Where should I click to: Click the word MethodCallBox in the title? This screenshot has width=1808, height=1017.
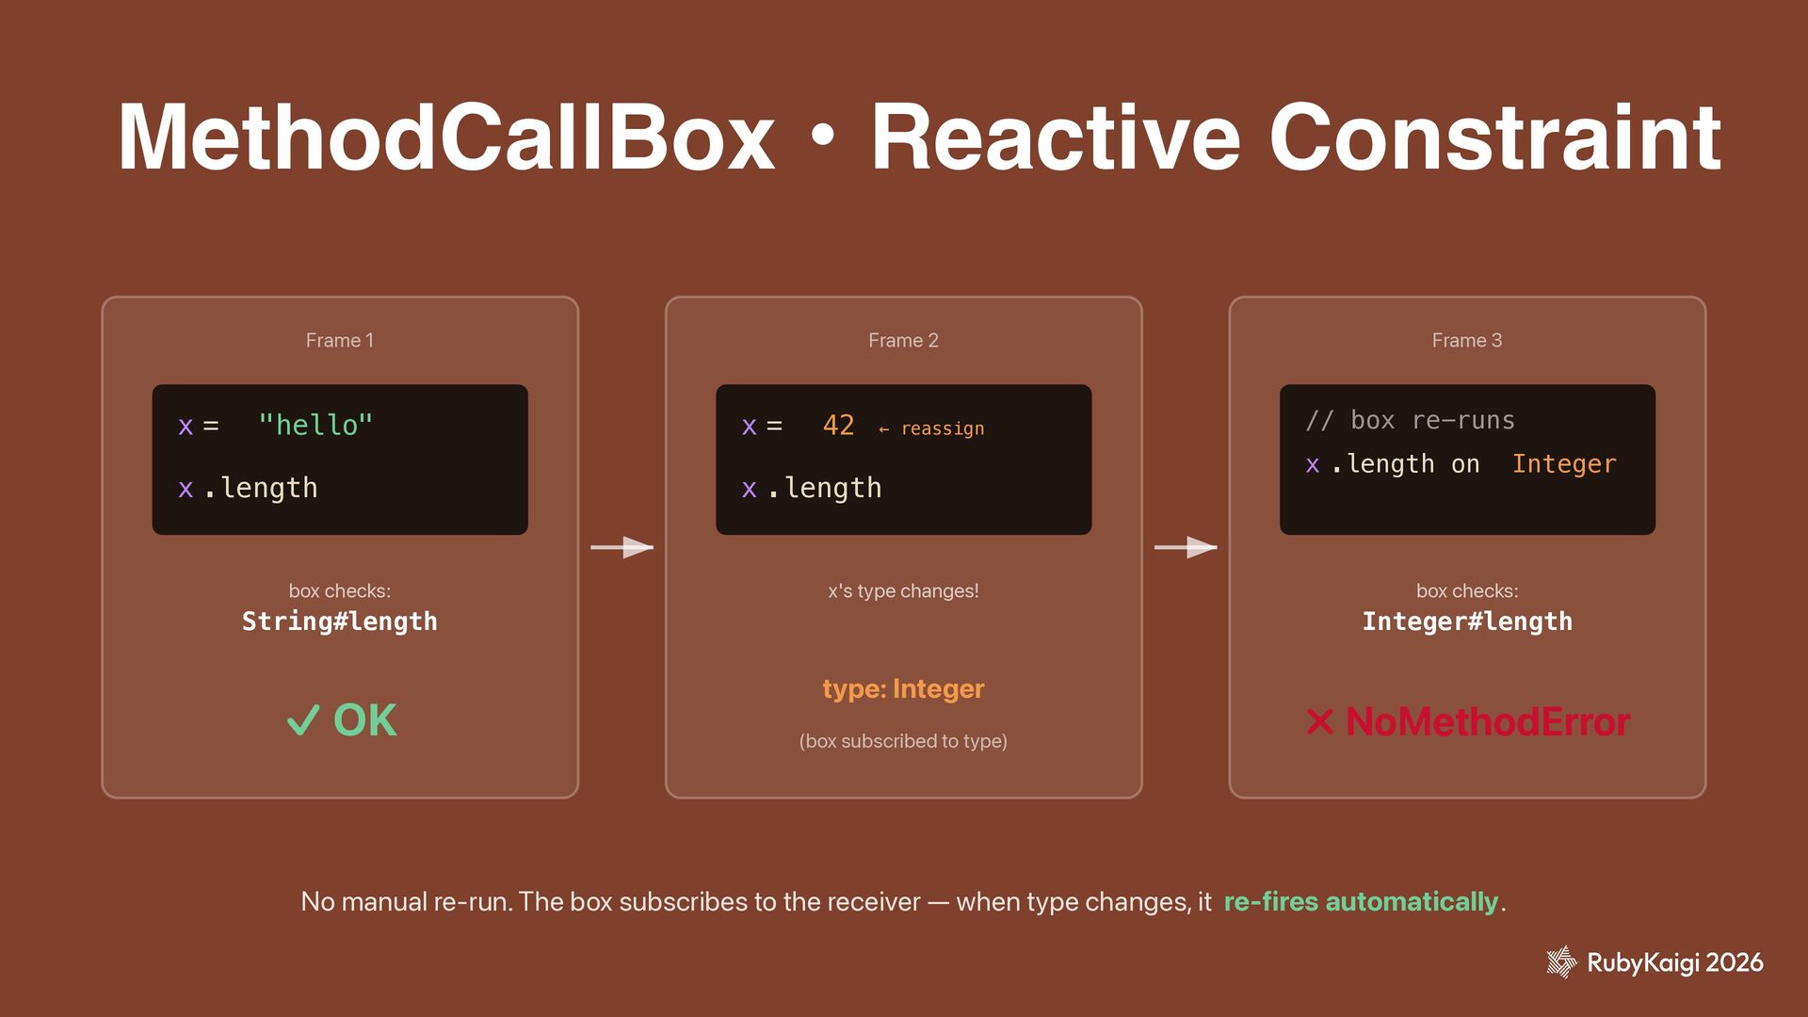(x=445, y=138)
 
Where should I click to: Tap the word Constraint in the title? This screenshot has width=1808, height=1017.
(x=1494, y=138)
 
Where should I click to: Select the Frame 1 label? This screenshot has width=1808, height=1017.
(x=339, y=340)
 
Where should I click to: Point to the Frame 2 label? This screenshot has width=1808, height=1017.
(x=903, y=340)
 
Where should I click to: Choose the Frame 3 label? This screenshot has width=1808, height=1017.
(x=1466, y=340)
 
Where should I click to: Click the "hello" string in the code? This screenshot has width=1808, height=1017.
(x=315, y=426)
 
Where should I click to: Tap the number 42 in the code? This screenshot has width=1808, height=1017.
(x=838, y=426)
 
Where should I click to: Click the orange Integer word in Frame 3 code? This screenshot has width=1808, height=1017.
(x=1563, y=464)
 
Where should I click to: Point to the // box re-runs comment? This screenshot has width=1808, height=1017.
(x=1410, y=420)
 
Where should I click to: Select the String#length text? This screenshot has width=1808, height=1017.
(x=339, y=621)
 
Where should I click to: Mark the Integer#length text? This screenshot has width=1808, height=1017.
(x=1466, y=621)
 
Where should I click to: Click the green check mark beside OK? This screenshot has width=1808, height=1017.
(x=303, y=721)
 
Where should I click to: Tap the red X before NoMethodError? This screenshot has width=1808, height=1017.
(x=1320, y=722)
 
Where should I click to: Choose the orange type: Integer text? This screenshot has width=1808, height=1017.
(x=903, y=689)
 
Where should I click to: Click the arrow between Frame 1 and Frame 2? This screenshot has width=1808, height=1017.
(x=621, y=547)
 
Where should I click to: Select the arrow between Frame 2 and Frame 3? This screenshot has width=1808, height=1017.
(x=1186, y=547)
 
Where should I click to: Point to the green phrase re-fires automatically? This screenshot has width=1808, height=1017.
(x=1360, y=902)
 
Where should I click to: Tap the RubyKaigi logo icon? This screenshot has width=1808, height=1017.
(x=1560, y=962)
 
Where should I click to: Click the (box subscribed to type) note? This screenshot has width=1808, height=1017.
(x=903, y=741)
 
